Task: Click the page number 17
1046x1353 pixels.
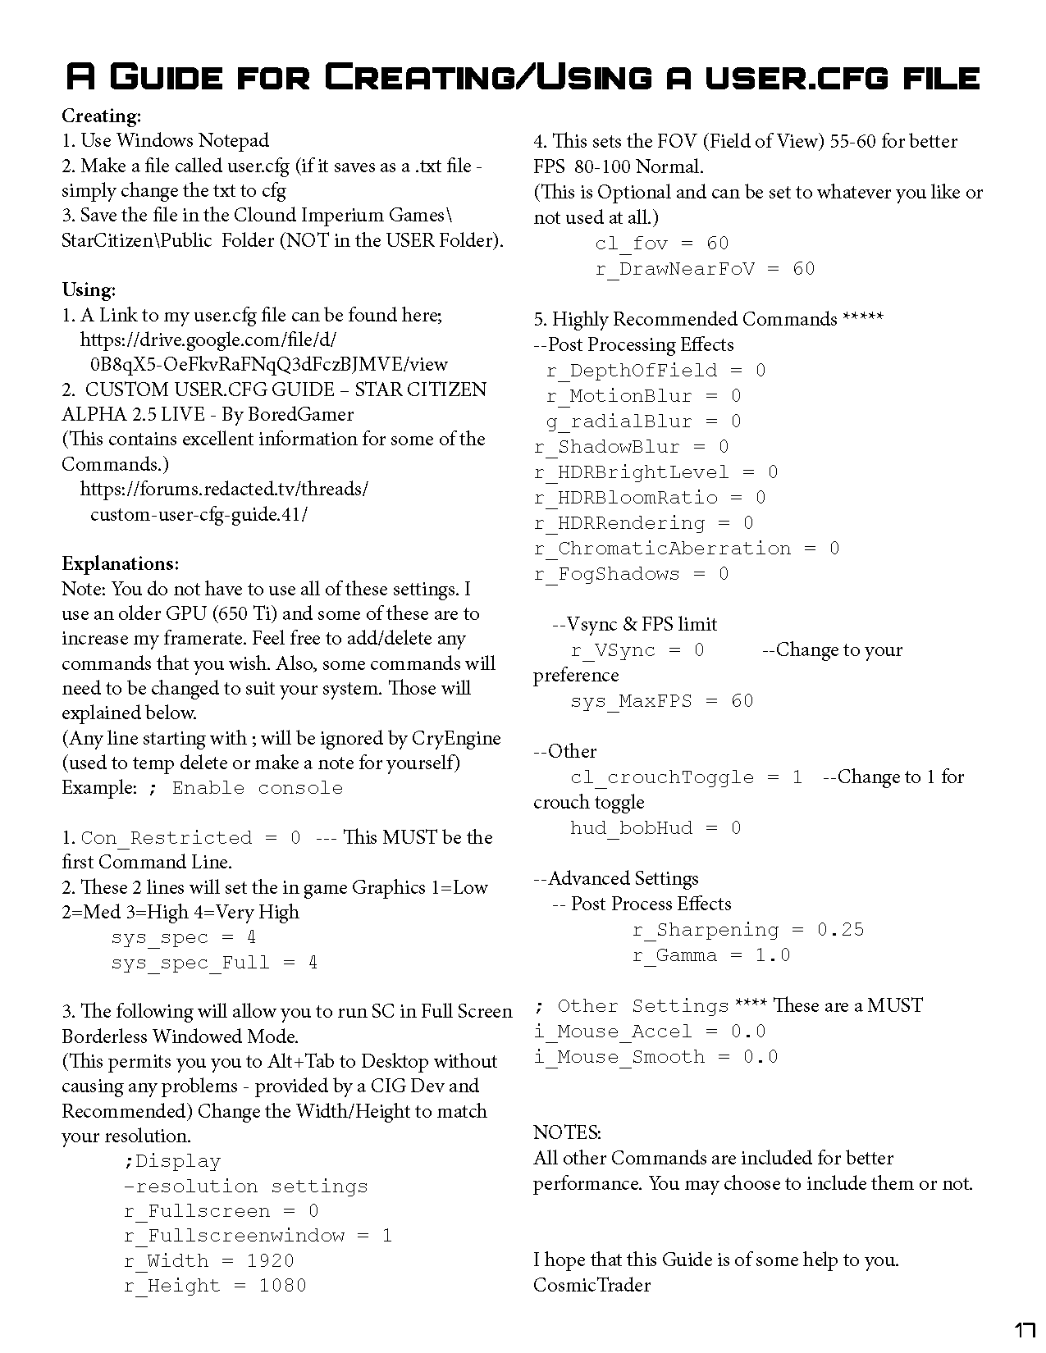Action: [x=1024, y=1332]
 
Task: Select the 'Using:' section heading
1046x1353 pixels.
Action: [x=89, y=289]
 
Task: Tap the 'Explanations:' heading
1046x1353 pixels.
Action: [x=120, y=563]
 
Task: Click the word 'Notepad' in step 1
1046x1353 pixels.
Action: [x=234, y=140]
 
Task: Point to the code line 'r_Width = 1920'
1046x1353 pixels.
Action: [x=208, y=1260]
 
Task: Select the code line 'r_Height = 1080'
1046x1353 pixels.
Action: [x=215, y=1286]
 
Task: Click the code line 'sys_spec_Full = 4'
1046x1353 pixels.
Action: [x=214, y=963]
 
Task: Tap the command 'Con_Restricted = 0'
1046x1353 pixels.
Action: [x=191, y=838]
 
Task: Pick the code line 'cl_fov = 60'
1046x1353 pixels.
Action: [x=661, y=244]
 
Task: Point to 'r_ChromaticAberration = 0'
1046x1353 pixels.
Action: [x=686, y=549]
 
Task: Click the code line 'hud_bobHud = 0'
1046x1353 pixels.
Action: [x=655, y=828]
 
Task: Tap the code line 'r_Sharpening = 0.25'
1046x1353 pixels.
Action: [x=747, y=930]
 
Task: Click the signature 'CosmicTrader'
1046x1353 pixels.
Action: [x=592, y=1285]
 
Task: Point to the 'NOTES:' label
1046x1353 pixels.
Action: [x=567, y=1132]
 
